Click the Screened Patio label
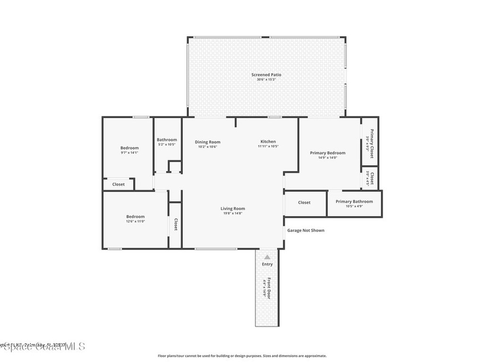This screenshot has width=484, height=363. tap(266, 75)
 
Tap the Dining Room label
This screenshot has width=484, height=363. tap(207, 142)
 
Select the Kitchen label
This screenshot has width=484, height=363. tap(268, 142)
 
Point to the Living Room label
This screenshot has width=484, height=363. tap(233, 208)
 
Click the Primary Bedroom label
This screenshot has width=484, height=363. tap(328, 153)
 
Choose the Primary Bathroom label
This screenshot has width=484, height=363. tap(354, 201)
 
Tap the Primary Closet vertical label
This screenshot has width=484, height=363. tap(372, 143)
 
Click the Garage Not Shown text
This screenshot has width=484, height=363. tap(306, 231)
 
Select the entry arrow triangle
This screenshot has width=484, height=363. tap(267, 257)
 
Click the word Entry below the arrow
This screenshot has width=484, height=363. tap(267, 264)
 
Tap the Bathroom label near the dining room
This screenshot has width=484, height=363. tap(167, 139)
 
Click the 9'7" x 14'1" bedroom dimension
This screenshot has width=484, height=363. tap(130, 153)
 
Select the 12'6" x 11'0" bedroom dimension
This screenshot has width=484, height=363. tap(135, 221)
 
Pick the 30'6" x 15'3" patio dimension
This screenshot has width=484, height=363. tap(266, 80)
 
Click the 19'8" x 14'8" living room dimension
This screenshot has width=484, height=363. tap(233, 214)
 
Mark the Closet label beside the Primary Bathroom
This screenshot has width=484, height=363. tap(304, 202)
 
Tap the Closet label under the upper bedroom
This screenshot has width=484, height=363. tap(119, 184)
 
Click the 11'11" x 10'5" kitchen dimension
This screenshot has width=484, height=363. tap(268, 147)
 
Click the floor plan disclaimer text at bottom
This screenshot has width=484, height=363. tap(242, 356)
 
